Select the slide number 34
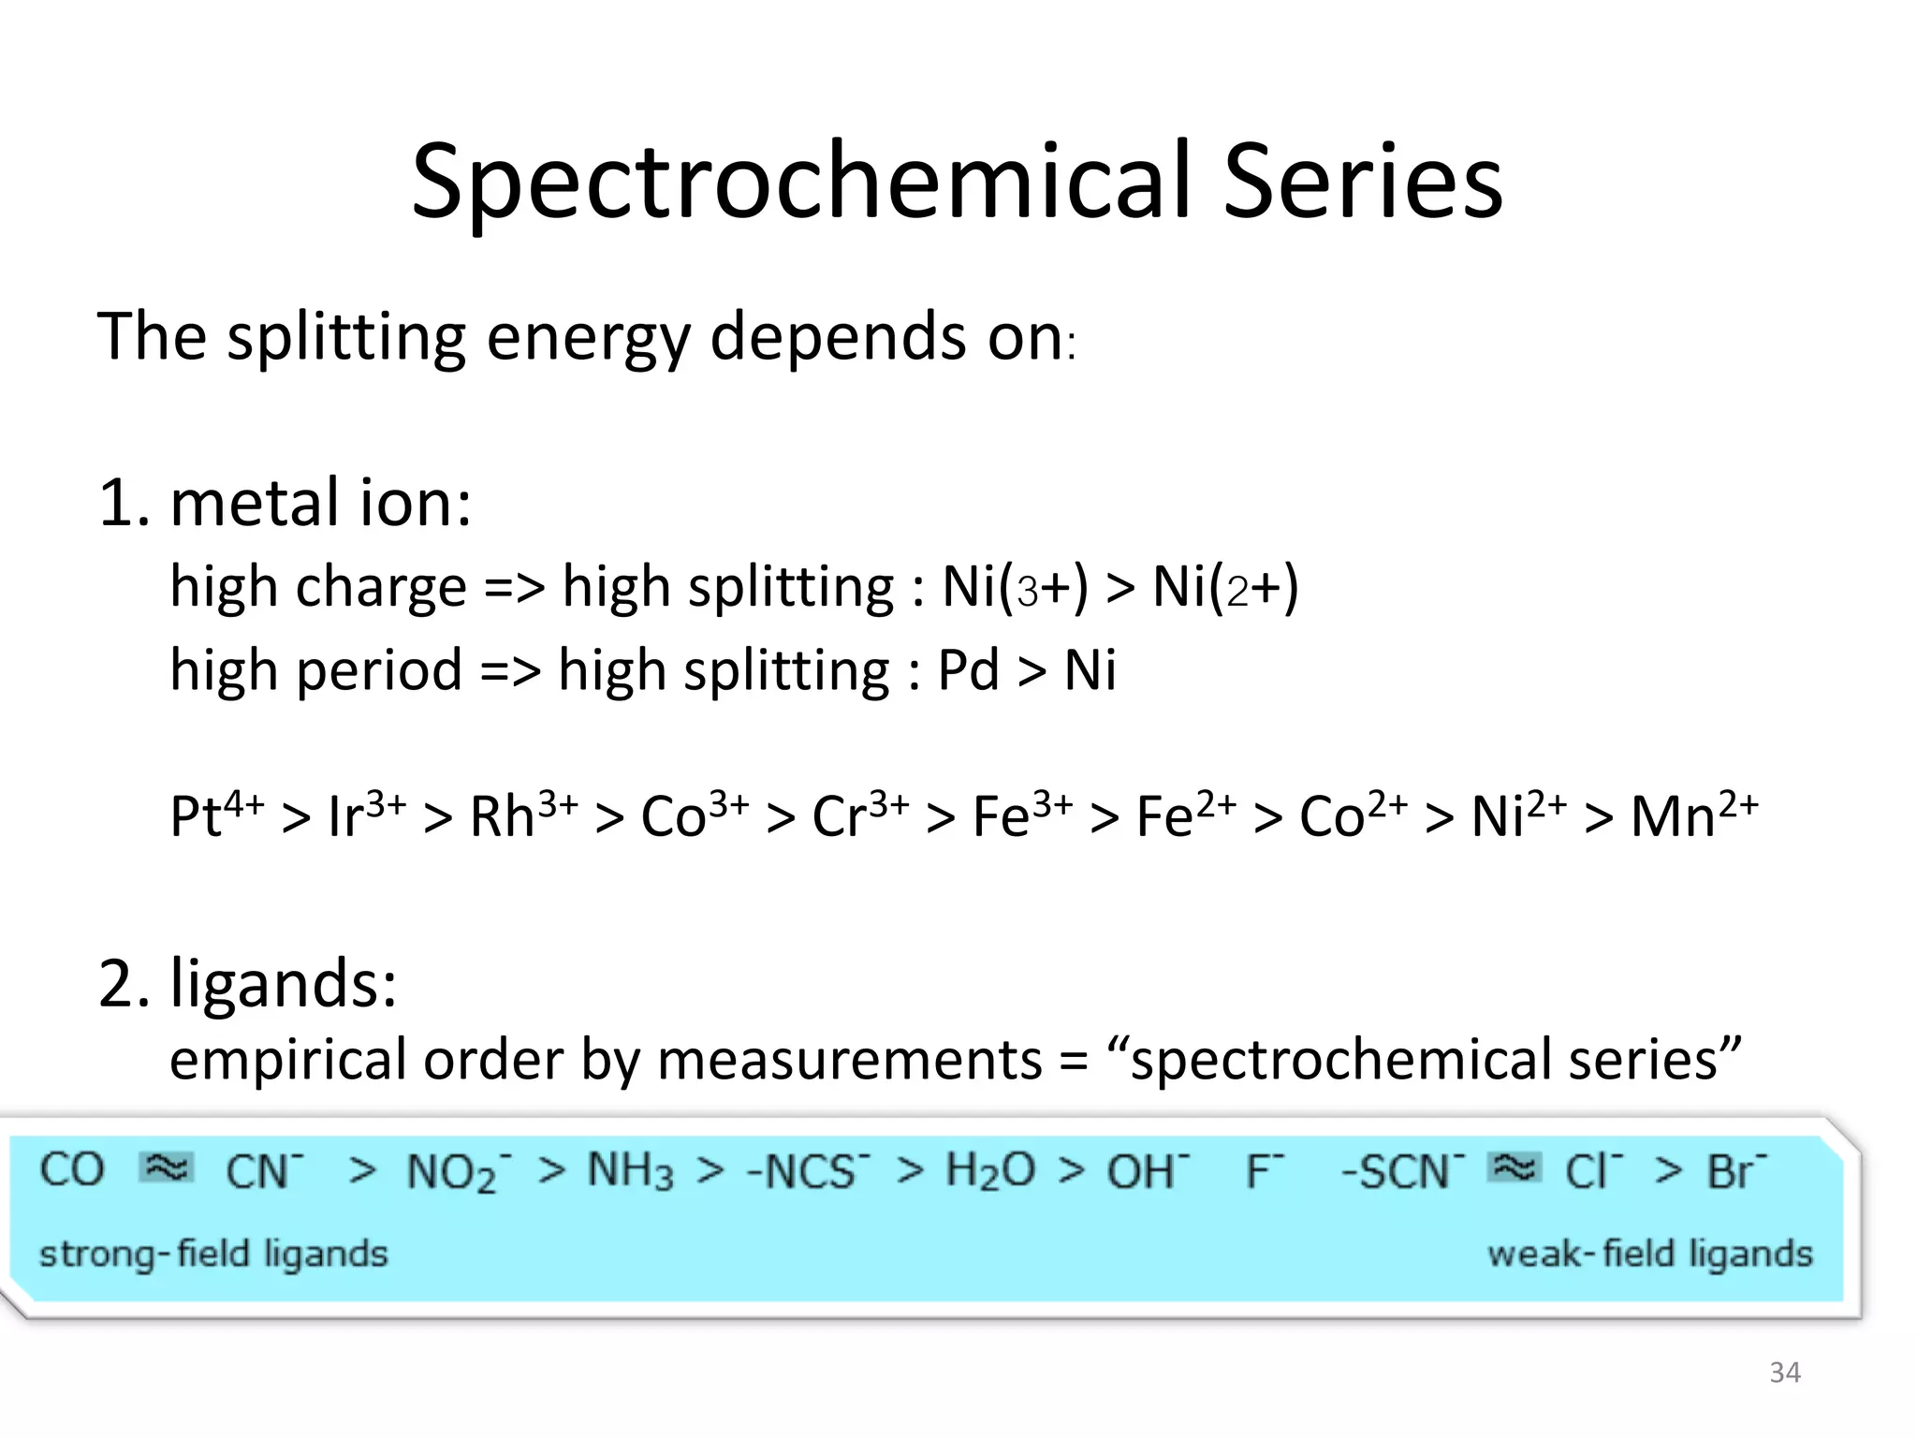point(1785,1372)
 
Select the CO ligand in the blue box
point(72,1170)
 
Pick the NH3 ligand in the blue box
point(630,1171)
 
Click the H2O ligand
point(990,1171)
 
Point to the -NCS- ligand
point(809,1171)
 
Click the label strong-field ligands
point(213,1254)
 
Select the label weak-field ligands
point(1649,1254)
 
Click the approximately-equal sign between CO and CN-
point(166,1168)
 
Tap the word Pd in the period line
point(968,670)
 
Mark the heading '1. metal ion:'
point(285,503)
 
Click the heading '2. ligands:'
point(248,984)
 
